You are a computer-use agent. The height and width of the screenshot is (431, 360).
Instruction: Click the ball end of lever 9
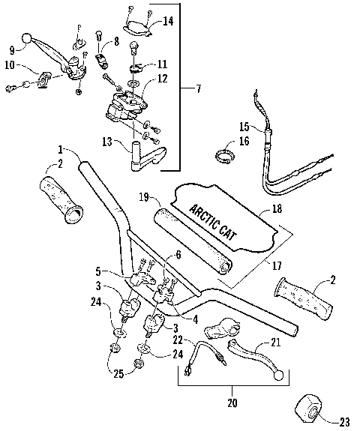coord(27,37)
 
